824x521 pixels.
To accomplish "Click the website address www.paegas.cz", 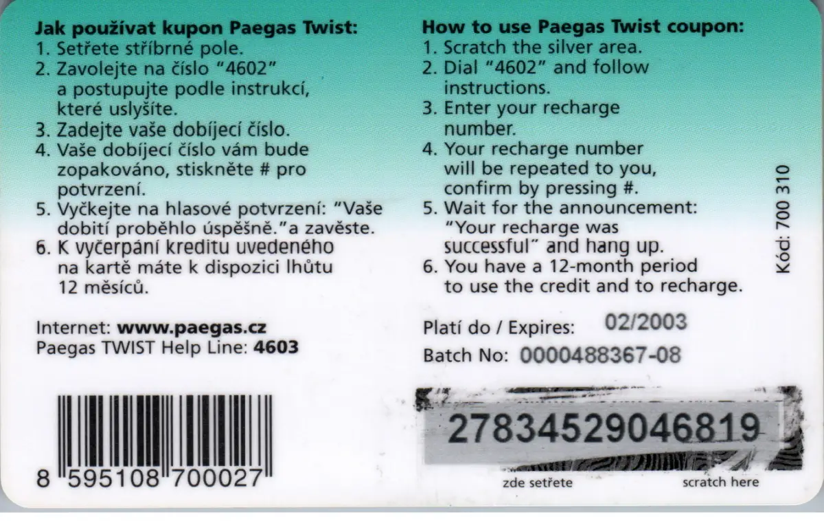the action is (192, 328).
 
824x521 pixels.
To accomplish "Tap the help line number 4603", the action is (276, 347).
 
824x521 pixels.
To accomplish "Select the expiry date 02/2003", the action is (646, 322).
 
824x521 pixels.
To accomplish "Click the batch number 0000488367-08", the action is (600, 355).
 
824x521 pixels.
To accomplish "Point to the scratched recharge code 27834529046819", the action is (604, 428).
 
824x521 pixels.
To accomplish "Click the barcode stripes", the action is (165, 436).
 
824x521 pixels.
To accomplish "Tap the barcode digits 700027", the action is (218, 478).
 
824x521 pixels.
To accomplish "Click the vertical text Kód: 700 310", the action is (783, 219).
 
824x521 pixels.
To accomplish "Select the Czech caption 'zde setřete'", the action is (538, 483).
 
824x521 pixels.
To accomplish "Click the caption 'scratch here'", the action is (720, 482).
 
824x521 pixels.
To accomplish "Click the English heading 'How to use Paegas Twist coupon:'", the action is (583, 27).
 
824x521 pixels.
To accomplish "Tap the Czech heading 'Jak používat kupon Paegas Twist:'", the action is (196, 28).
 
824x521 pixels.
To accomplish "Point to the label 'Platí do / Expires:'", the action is (499, 327).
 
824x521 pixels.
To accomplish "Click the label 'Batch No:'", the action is (466, 355).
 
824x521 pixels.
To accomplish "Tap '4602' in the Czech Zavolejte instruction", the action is (247, 69).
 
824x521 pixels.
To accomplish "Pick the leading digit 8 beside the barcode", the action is (43, 478).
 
